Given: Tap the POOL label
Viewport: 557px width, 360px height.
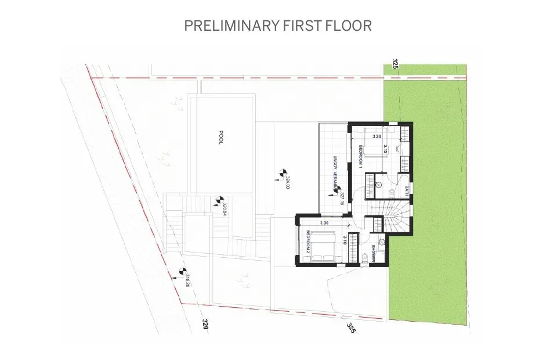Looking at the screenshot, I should tap(221, 138).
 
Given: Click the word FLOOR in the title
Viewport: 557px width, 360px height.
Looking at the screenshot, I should tap(350, 26).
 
